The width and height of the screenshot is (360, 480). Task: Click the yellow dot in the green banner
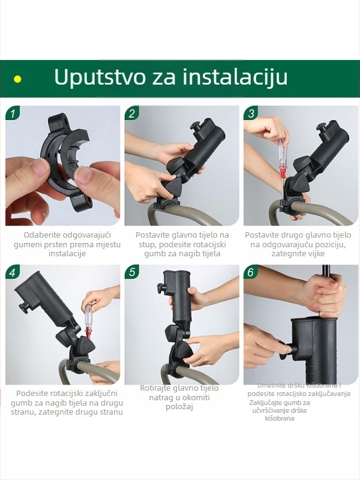[x=17, y=79]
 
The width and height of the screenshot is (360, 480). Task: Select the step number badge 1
[x=13, y=113]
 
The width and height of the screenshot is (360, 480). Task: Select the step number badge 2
[x=133, y=113]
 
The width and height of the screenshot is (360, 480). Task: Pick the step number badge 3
[x=251, y=113]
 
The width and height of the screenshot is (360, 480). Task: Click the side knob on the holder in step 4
[x=24, y=308]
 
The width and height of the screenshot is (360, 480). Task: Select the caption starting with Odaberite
[x=62, y=244]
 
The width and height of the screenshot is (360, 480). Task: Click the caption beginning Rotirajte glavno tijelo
[x=179, y=397]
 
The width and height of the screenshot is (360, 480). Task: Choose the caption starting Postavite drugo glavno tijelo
[x=298, y=244]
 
